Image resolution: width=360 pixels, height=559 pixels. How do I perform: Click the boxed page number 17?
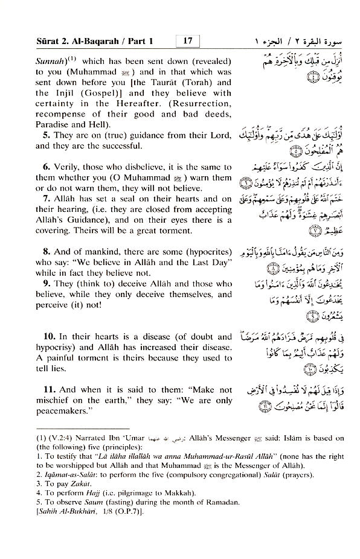187,41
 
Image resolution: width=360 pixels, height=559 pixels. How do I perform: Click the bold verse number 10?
43,337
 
